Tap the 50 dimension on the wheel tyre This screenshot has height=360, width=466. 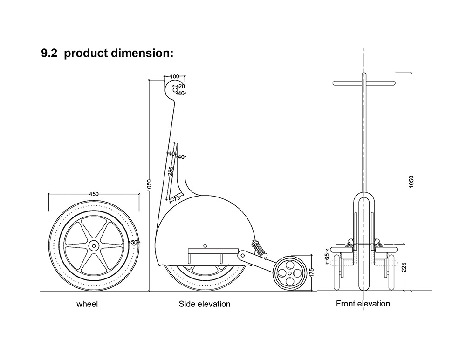pyautogui.click(x=134, y=242)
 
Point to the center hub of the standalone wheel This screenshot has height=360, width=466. pyautogui.click(x=94, y=245)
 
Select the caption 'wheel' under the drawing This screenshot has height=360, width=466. pyautogui.click(x=87, y=305)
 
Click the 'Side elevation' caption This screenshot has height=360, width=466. pyautogui.click(x=205, y=304)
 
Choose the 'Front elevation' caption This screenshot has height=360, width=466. pyautogui.click(x=363, y=304)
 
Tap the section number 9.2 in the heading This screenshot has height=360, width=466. pyautogui.click(x=50, y=53)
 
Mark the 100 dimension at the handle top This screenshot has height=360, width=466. pyautogui.click(x=175, y=76)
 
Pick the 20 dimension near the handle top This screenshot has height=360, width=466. pyautogui.click(x=181, y=86)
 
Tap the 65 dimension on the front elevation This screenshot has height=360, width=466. pyautogui.click(x=327, y=256)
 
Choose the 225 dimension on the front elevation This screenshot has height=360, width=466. pyautogui.click(x=404, y=266)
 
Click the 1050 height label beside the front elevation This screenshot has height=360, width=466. pyautogui.click(x=411, y=181)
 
